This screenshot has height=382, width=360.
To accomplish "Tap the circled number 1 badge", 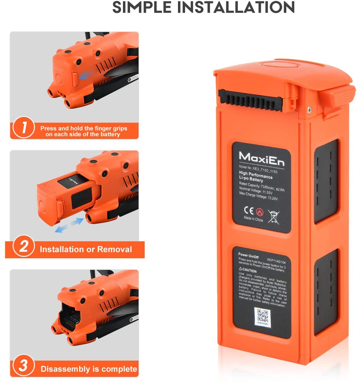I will coord(23,128).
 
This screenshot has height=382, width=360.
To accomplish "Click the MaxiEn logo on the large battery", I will coord(261,158).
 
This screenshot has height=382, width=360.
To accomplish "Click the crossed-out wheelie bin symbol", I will coord(273,216).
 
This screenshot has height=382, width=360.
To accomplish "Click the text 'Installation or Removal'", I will coord(86,249).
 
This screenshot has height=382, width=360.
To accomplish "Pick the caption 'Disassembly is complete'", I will coord(89,369).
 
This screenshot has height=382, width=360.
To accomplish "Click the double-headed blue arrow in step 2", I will coord(69,226).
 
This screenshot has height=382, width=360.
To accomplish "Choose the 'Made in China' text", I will coord(253,219).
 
